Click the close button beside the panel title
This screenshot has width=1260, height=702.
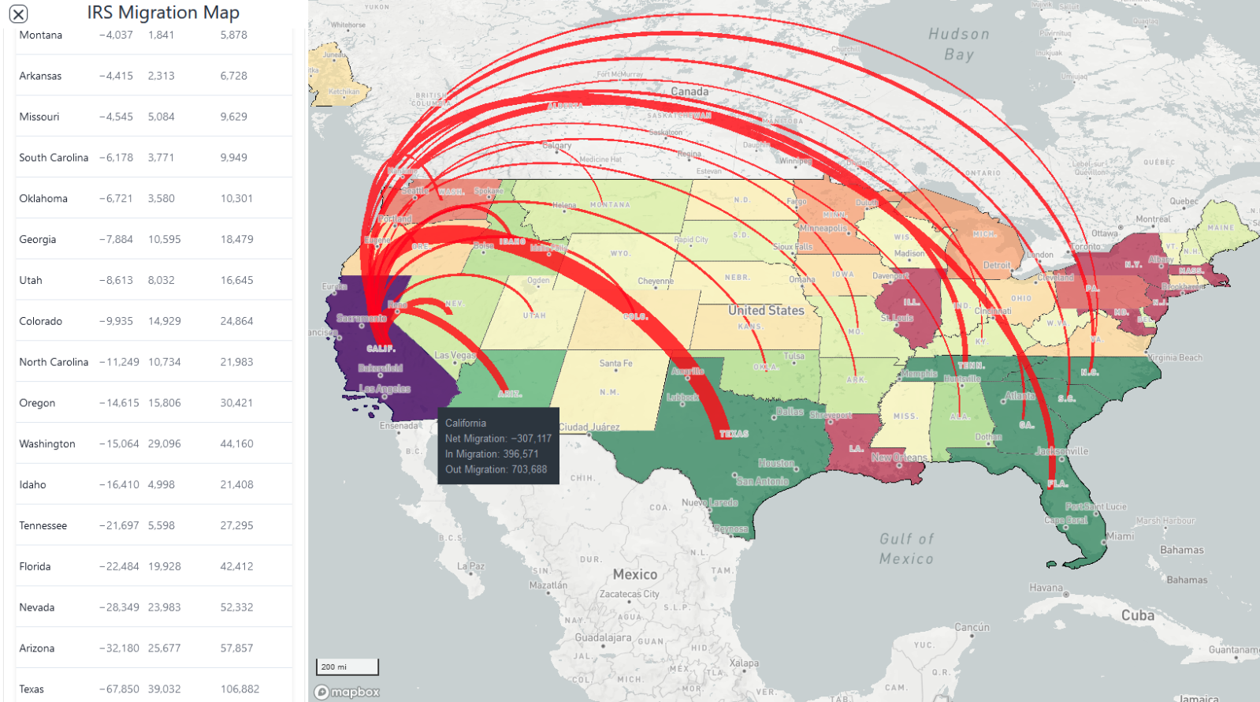tap(18, 13)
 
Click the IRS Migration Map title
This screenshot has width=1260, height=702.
tap(163, 13)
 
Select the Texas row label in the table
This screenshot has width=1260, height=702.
tap(32, 689)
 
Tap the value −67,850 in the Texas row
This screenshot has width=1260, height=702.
tap(119, 689)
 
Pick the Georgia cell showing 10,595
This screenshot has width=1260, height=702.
tap(164, 239)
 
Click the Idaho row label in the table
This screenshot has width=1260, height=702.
tap(32, 484)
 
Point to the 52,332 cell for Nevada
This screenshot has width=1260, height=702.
tap(236, 607)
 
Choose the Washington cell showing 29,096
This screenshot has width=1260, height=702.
tap(164, 443)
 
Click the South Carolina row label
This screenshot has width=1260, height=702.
tap(54, 158)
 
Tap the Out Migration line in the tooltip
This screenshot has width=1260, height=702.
tap(496, 469)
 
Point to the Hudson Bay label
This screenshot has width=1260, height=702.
tap(958, 44)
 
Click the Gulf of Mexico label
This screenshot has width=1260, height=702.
tap(906, 548)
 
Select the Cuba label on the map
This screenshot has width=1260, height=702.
tap(1137, 615)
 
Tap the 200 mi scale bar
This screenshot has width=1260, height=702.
tap(347, 667)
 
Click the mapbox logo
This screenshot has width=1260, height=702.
tap(347, 692)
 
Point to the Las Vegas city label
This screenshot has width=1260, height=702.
tap(455, 355)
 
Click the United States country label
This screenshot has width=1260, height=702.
tap(765, 310)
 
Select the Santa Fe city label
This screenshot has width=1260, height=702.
tap(615, 364)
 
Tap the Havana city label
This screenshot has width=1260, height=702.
tap(1046, 588)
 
